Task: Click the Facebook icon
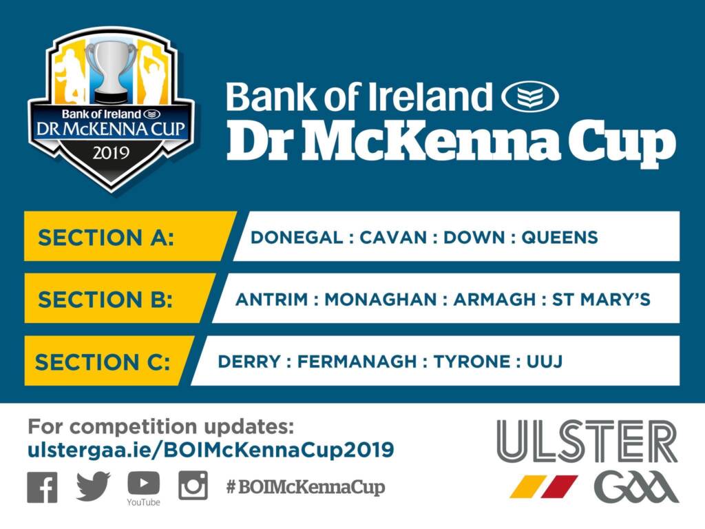tap(43, 487)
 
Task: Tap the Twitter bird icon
tap(93, 487)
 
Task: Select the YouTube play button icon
tap(143, 483)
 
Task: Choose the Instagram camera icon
tap(193, 486)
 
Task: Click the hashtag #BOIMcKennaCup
tap(306, 488)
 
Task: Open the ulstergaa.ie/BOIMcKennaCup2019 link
tap(211, 450)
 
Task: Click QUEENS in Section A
tap(560, 238)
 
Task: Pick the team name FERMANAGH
tap(357, 362)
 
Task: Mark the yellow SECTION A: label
tap(107, 238)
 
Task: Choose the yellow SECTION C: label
tap(103, 362)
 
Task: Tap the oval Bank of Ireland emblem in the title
tap(529, 97)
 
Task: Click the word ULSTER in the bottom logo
tap(587, 442)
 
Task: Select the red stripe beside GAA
tap(559, 486)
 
